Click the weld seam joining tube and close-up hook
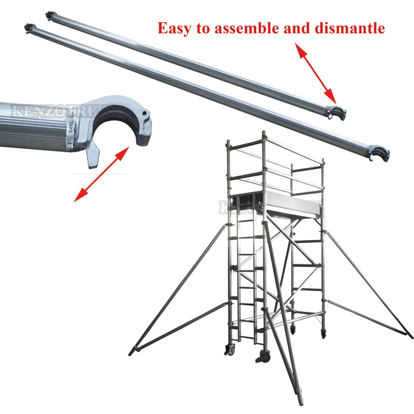tap(71, 133)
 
